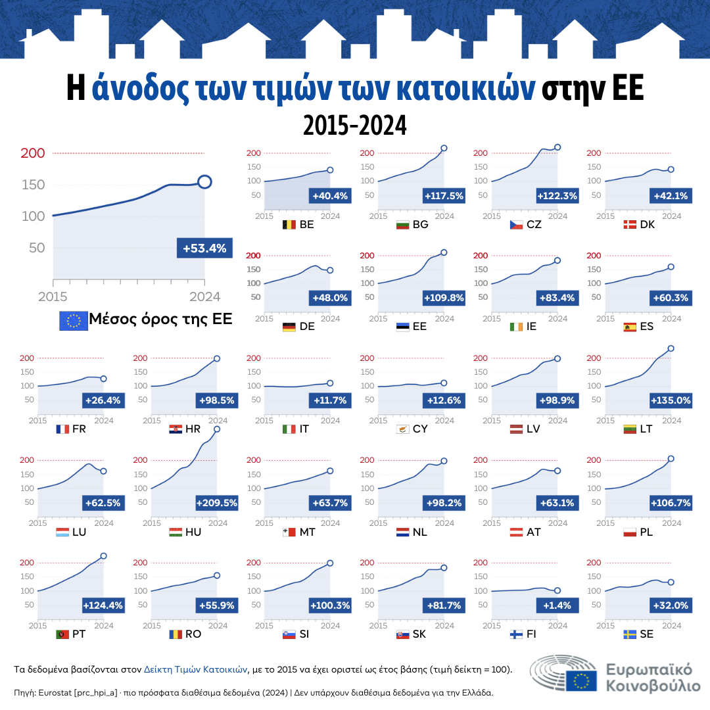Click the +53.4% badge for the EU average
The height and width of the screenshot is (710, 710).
click(204, 248)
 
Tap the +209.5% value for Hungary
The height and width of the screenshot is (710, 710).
click(217, 504)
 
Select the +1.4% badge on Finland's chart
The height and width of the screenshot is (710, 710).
click(557, 605)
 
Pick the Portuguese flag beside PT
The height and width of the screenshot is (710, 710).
click(63, 635)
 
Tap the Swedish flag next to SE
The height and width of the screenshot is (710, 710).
click(630, 635)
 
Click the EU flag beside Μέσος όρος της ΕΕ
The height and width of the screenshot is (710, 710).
click(74, 320)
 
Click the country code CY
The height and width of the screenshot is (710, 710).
click(420, 430)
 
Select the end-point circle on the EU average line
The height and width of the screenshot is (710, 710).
click(204, 182)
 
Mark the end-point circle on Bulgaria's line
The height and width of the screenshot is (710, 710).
click(444, 149)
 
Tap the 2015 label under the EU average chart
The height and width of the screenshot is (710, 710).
click(53, 296)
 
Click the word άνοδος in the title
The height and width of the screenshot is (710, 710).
click(141, 90)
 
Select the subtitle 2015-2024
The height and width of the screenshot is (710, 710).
click(354, 124)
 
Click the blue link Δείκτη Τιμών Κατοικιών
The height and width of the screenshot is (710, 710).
click(195, 669)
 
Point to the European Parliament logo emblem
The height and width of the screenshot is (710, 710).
click(564, 673)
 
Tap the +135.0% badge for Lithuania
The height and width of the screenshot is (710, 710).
click(671, 400)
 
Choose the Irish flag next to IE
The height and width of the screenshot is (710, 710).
click(516, 327)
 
